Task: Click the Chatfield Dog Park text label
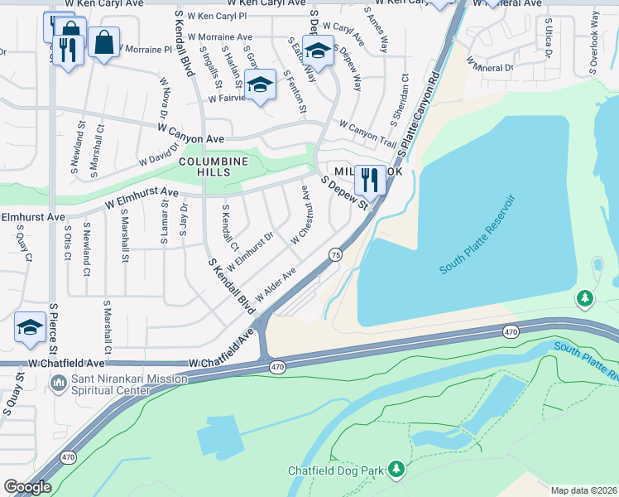point(335,470)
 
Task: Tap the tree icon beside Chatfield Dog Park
point(396,470)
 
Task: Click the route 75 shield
point(335,254)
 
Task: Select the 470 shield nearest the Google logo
point(68,456)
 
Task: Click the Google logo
point(27,487)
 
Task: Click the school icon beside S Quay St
point(30,326)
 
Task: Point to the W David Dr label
point(159,153)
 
